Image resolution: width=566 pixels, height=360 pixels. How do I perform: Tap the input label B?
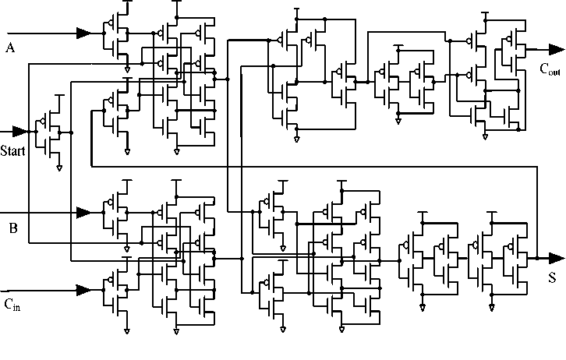coord(12,228)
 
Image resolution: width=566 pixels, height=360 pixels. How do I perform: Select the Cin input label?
coord(12,304)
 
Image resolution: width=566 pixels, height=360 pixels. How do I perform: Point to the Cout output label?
coord(550,69)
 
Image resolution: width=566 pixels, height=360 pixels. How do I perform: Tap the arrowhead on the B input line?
coord(83,211)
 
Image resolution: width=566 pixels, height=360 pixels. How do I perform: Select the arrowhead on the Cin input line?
coord(83,290)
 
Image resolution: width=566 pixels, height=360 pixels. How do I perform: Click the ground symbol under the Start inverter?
coord(59,167)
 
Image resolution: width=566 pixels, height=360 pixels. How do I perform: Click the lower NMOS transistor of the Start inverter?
coord(55,144)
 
